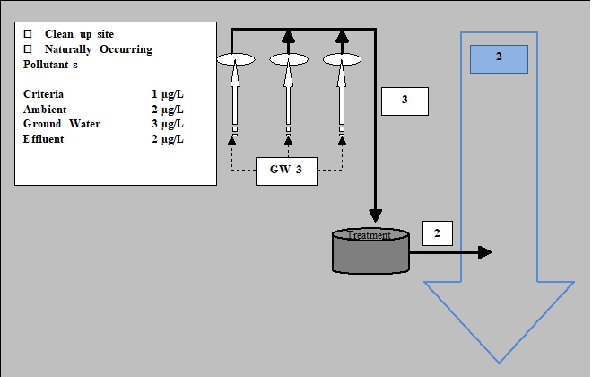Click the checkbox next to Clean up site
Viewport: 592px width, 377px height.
[x=27, y=34]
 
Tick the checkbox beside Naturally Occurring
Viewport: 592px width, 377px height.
[x=27, y=49]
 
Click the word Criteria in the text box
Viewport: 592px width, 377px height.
[x=44, y=94]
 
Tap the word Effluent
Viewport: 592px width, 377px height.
[x=43, y=139]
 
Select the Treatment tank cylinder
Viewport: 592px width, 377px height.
[x=370, y=250]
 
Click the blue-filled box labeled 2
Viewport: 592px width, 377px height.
[x=499, y=58]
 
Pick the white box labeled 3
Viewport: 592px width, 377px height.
[x=405, y=101]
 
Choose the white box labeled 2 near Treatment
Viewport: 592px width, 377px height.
[x=437, y=233]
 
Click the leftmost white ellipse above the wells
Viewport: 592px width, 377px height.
[x=236, y=59]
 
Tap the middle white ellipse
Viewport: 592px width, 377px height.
[x=289, y=59]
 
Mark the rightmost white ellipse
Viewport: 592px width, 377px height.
[x=342, y=59]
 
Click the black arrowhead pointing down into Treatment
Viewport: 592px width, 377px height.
[x=376, y=215]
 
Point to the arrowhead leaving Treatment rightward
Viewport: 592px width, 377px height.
[x=485, y=252]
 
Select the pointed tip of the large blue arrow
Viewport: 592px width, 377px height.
[x=498, y=360]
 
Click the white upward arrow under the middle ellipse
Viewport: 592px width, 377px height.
[x=289, y=99]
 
